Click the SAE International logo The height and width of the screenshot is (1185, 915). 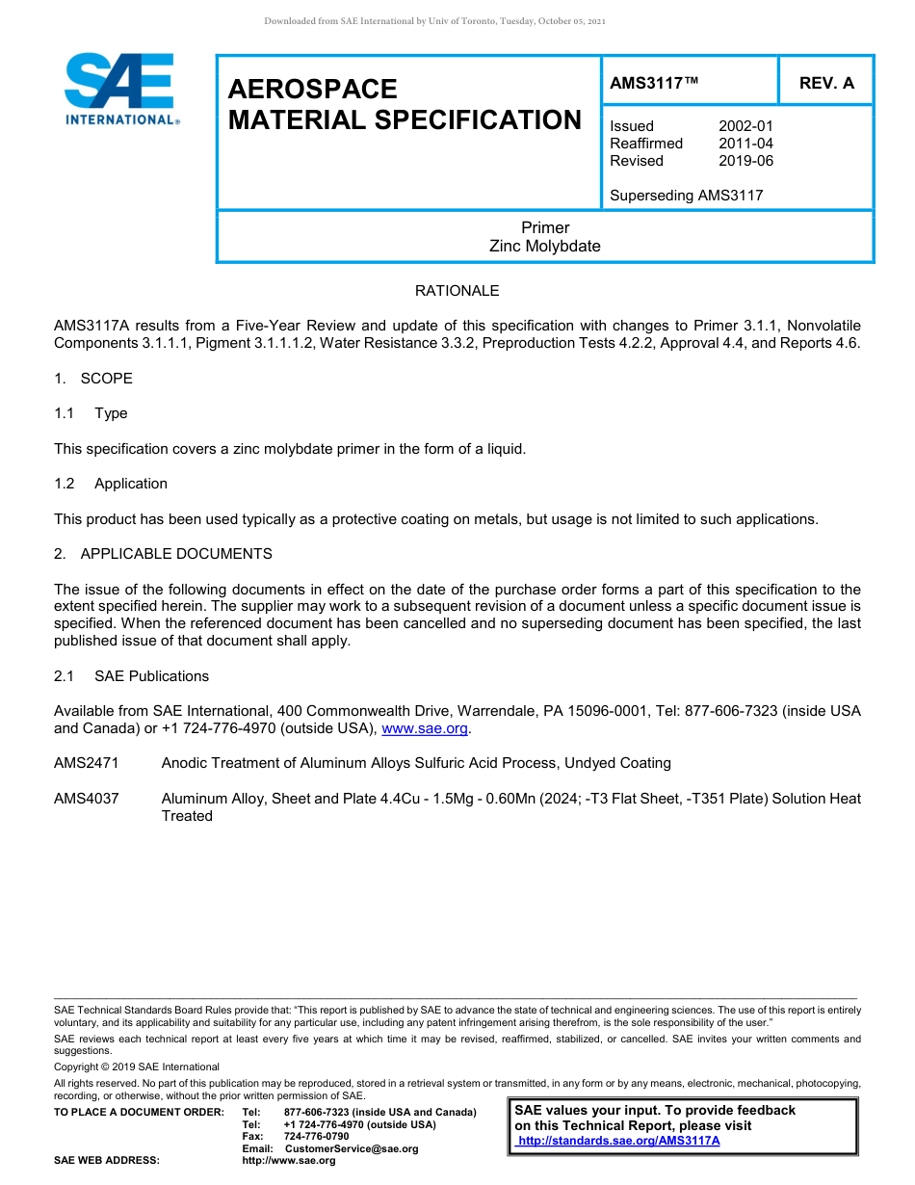click(119, 89)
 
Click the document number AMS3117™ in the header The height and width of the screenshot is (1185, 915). click(654, 83)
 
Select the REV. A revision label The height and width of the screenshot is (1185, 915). click(826, 83)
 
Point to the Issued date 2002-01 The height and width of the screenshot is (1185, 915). click(745, 126)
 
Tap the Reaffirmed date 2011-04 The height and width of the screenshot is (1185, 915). click(745, 144)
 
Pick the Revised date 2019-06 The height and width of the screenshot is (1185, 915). click(745, 161)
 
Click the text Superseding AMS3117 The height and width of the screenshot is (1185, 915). click(686, 196)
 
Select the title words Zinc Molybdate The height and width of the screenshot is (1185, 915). click(544, 246)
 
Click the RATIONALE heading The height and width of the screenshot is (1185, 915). click(457, 291)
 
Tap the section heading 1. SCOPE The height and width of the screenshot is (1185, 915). click(93, 379)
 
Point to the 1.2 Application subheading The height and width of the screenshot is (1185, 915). click(111, 484)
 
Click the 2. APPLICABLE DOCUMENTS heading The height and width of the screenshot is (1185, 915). click(163, 554)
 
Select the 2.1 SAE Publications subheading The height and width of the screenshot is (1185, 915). click(131, 676)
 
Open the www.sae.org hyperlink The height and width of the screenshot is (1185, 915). click(424, 729)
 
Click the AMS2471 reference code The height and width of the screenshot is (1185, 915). click(87, 763)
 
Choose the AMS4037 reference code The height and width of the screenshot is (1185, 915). click(87, 799)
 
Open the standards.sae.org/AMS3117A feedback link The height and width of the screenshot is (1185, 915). click(618, 1141)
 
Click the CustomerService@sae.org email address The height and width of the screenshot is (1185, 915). click(352, 1148)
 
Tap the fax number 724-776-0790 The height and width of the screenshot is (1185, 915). click(317, 1137)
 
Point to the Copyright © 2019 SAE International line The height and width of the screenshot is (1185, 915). click(137, 1066)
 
